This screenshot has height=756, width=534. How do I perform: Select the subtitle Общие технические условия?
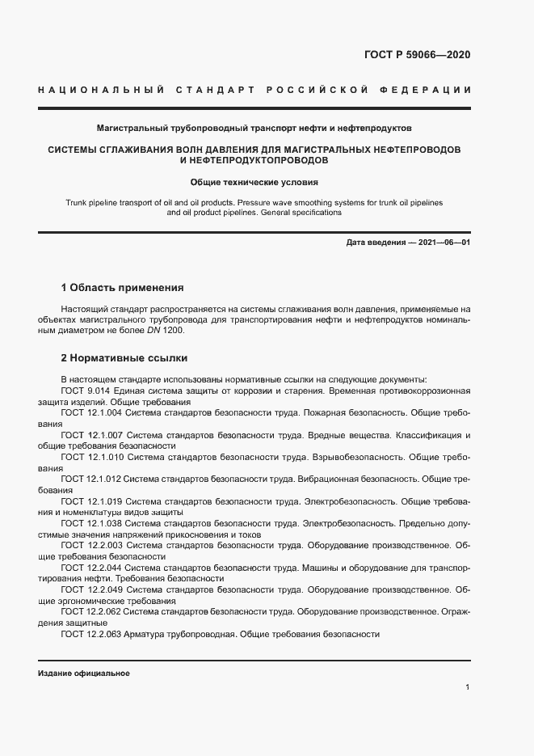click(x=254, y=183)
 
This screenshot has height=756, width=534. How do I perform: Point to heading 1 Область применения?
click(x=123, y=287)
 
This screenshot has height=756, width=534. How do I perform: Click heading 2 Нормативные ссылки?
click(x=124, y=357)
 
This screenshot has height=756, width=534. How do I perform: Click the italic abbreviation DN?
click(x=153, y=331)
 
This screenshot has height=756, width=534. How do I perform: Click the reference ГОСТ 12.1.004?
click(x=91, y=412)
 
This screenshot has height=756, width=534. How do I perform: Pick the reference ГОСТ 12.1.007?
click(x=91, y=435)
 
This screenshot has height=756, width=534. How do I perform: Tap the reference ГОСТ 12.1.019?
click(x=91, y=501)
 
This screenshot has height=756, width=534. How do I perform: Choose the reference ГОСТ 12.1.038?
click(x=91, y=523)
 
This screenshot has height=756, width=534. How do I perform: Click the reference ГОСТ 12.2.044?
click(x=91, y=568)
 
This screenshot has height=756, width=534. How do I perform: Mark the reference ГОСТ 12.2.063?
click(x=91, y=635)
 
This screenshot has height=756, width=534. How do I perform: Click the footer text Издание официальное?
click(x=84, y=674)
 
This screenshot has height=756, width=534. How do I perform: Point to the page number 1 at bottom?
click(x=468, y=687)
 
